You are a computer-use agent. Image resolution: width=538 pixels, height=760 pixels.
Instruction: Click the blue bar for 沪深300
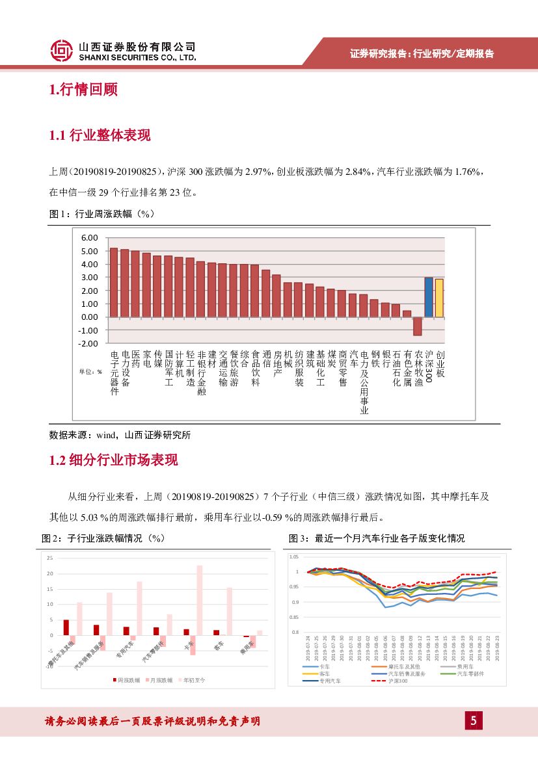coord(429,297)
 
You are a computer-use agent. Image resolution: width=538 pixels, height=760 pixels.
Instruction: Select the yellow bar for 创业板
coord(439,298)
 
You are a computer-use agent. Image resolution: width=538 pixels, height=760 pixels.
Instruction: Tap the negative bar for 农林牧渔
coord(418,326)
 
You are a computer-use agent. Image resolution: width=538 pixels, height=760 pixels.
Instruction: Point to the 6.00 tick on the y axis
coord(90,238)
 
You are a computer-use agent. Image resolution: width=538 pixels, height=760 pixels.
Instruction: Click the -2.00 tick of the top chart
coord(88,343)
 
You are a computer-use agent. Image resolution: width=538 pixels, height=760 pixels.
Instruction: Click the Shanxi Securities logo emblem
coord(62,51)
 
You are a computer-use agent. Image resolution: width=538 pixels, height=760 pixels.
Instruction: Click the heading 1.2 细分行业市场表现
coord(113,460)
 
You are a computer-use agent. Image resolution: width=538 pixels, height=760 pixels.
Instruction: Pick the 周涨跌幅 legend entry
coord(130,680)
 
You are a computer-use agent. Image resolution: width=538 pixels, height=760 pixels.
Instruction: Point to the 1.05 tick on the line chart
coord(293,557)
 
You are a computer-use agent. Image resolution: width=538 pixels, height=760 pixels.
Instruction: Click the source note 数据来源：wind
coord(120,435)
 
